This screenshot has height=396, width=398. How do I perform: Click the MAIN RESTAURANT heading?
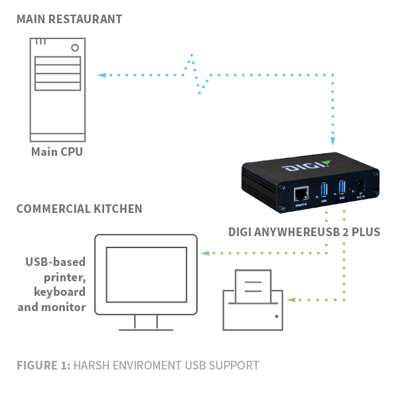click(69, 19)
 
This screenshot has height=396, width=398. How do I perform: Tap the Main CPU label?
click(58, 152)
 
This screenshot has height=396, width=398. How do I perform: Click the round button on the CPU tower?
click(75, 47)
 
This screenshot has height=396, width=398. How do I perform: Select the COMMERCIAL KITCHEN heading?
click(79, 208)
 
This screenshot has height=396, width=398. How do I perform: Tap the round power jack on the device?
click(360, 186)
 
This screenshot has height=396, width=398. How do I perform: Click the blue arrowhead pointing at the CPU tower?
click(99, 75)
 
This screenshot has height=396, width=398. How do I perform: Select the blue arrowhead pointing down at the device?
click(334, 141)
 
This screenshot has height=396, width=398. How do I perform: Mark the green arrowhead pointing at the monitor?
click(205, 253)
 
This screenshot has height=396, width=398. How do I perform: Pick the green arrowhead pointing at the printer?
click(289, 299)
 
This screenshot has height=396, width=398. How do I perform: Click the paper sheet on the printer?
click(253, 285)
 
